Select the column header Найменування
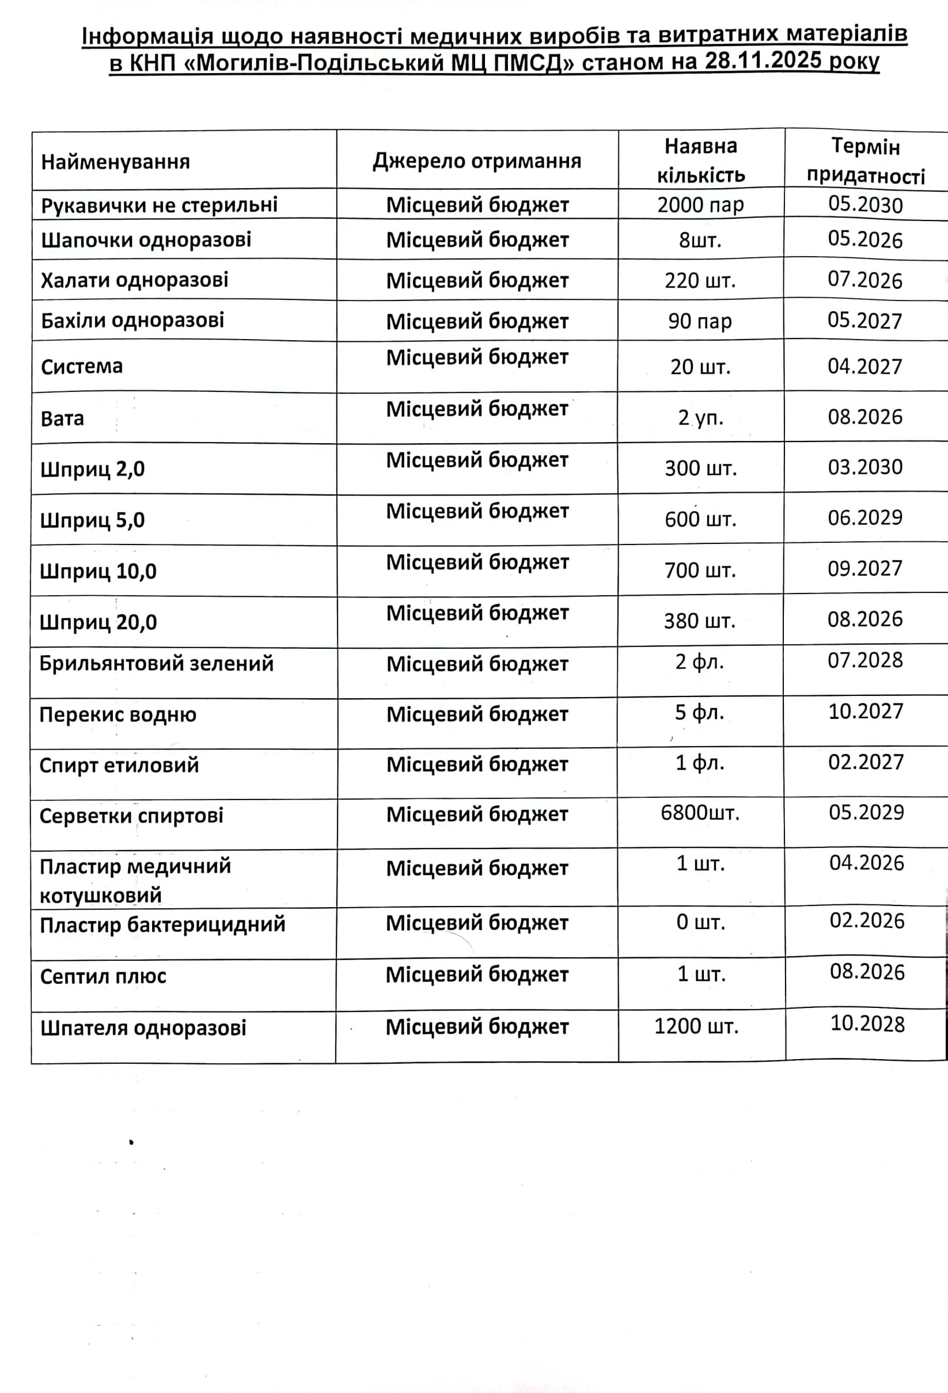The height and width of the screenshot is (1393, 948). pyautogui.click(x=115, y=162)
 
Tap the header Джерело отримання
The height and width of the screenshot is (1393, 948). pyautogui.click(x=477, y=161)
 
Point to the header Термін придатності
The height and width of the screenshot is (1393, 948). pyautogui.click(x=865, y=161)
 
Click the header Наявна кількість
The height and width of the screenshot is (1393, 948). pyautogui.click(x=700, y=161)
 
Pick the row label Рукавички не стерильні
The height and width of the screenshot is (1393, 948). pyautogui.click(x=159, y=205)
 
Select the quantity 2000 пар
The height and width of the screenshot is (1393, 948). pyautogui.click(x=700, y=205)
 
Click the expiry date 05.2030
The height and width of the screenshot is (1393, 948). pyautogui.click(x=865, y=204)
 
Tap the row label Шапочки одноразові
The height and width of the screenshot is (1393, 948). pyautogui.click(x=146, y=240)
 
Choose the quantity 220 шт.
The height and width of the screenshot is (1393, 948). pyautogui.click(x=700, y=280)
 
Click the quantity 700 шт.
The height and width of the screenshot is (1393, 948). pyautogui.click(x=700, y=570)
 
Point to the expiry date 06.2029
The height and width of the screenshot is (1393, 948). pyautogui.click(x=865, y=518)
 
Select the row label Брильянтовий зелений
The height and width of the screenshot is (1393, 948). pyautogui.click(x=156, y=664)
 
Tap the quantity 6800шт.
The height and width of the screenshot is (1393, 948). pyautogui.click(x=700, y=813)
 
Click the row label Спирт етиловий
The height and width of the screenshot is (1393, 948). pyautogui.click(x=119, y=766)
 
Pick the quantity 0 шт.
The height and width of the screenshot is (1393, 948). pyautogui.click(x=700, y=923)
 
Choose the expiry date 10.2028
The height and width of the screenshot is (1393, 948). pyautogui.click(x=867, y=1024)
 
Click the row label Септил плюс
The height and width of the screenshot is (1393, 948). pyautogui.click(x=103, y=976)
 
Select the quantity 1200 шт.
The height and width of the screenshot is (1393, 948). pyautogui.click(x=696, y=1027)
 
